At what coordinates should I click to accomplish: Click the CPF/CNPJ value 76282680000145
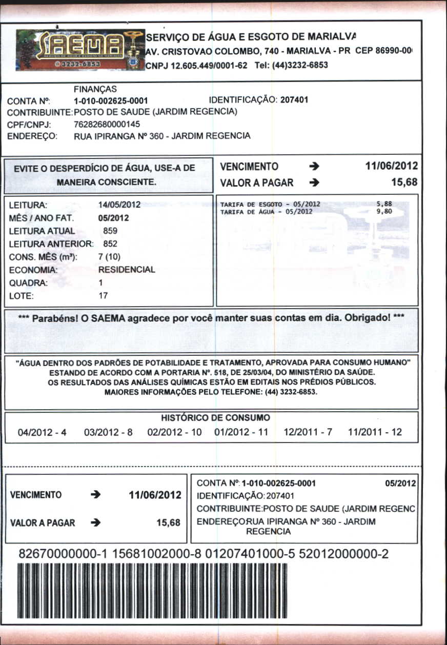pos(107,124)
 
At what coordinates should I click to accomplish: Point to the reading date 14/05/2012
pos(119,205)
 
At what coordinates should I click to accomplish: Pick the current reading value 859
pos(111,231)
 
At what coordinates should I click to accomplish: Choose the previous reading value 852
pos(111,244)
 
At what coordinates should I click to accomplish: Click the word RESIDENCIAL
pos(126,270)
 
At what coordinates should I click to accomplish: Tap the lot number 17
pos(103,296)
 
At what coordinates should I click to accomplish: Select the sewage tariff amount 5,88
pos(383,204)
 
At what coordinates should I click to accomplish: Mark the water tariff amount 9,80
pos(383,211)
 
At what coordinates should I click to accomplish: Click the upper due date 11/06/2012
pos(391,166)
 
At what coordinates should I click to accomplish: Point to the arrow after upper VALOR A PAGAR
pos(315,183)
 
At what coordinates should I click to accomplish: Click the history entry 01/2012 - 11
pos(241,432)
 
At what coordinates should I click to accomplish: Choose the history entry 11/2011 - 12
pos(375,432)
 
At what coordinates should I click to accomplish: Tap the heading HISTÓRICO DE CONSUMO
pos(215,418)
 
